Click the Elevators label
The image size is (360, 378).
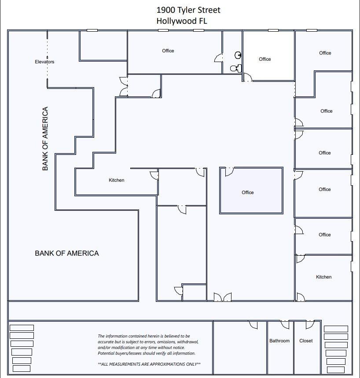(x=44, y=62)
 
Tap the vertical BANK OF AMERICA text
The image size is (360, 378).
(x=45, y=139)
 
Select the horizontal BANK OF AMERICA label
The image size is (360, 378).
(x=67, y=253)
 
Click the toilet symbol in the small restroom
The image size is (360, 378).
(x=236, y=68)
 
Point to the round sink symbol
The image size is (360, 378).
(x=238, y=55)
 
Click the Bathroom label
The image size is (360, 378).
(x=279, y=341)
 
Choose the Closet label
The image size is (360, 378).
(x=306, y=341)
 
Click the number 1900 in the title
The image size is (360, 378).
(x=165, y=10)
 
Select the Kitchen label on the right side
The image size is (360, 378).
(x=323, y=277)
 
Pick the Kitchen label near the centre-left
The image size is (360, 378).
(x=117, y=180)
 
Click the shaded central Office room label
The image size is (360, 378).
(x=248, y=192)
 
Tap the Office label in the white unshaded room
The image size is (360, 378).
(x=265, y=59)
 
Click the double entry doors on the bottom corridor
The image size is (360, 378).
(x=223, y=297)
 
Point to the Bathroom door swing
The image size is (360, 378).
(x=285, y=324)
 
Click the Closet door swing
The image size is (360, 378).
(x=310, y=324)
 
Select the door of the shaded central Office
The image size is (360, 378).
(x=229, y=172)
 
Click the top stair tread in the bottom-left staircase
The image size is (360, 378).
(x=22, y=328)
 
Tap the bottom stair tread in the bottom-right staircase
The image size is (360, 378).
(x=336, y=370)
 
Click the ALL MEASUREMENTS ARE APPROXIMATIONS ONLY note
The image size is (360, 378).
(x=149, y=364)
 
